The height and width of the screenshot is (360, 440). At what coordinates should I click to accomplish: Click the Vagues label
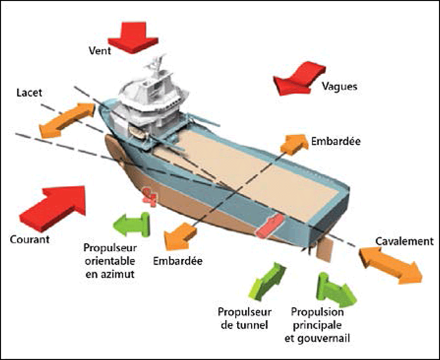(339, 87)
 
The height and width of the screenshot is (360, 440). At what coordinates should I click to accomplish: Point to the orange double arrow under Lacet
(66, 120)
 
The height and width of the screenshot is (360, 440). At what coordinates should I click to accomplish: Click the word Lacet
(30, 93)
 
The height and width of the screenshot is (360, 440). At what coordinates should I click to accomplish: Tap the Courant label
(30, 240)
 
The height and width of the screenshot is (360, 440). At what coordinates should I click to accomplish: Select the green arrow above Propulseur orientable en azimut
(131, 225)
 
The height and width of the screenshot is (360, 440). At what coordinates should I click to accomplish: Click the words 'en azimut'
(109, 274)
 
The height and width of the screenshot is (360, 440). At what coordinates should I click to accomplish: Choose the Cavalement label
(404, 241)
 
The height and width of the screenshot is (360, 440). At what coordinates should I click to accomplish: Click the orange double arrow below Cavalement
(391, 264)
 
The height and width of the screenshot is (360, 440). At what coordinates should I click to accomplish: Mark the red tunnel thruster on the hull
(268, 226)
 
